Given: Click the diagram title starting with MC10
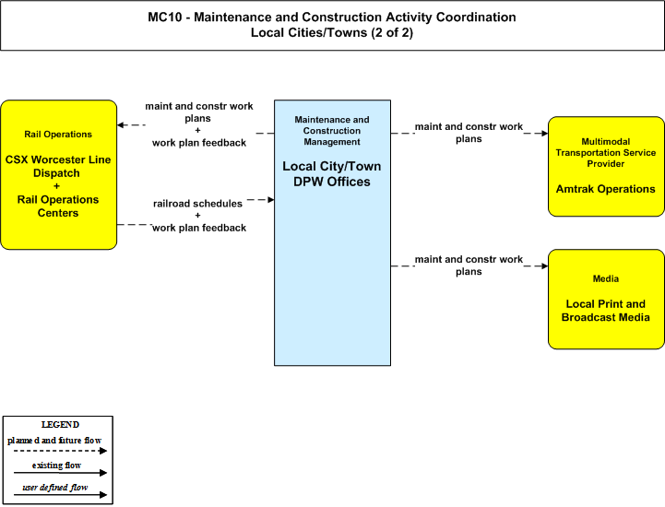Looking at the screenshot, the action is (x=332, y=25).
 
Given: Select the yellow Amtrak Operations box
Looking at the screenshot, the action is (x=606, y=167).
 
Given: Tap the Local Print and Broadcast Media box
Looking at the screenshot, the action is (x=606, y=300).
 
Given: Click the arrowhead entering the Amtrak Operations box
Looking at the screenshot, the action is (x=544, y=133).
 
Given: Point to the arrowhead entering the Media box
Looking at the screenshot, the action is (x=544, y=265).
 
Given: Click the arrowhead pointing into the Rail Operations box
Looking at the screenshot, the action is (x=121, y=124).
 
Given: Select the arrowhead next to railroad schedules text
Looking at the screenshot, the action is (x=270, y=199).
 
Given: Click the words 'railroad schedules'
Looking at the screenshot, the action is (x=197, y=204).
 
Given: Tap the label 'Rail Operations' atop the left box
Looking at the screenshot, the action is (x=58, y=135).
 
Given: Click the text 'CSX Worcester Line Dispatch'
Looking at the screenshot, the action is (x=58, y=166).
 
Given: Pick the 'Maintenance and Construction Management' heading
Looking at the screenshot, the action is (x=332, y=131).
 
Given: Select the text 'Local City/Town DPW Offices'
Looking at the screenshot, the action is (x=332, y=174).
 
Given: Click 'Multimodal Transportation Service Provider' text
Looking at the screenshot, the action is (x=606, y=153).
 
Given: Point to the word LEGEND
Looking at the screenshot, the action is (x=60, y=424).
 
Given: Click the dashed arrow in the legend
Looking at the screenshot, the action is (x=60, y=451).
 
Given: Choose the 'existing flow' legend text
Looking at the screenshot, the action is (x=56, y=465).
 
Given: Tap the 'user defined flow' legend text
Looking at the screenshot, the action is (x=55, y=488).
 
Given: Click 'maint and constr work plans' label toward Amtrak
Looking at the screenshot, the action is (x=469, y=133).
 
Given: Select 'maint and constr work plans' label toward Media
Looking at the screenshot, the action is (x=469, y=265).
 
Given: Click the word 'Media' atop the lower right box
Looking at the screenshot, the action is (x=606, y=279).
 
